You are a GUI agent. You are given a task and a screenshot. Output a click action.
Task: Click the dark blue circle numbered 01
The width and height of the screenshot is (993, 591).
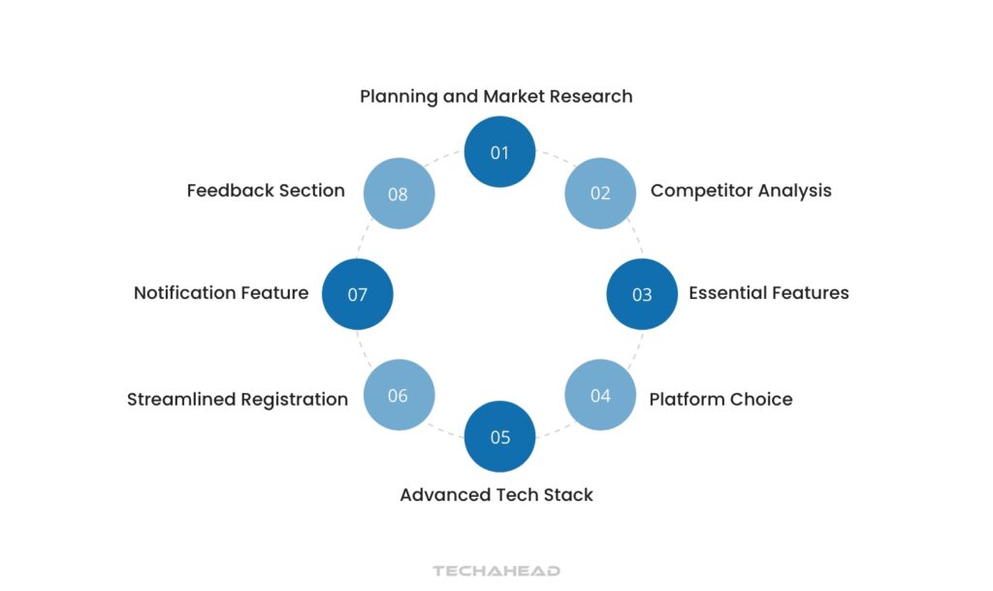pos(499,152)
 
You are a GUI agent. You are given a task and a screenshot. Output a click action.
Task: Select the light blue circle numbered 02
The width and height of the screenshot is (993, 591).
pos(600,193)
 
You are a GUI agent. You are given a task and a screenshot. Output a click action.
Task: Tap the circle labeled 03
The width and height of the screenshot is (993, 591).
pos(642,294)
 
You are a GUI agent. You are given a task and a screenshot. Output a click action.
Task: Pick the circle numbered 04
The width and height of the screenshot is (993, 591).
pos(600,395)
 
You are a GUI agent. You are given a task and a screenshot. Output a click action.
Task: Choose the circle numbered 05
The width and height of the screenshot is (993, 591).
pos(499,437)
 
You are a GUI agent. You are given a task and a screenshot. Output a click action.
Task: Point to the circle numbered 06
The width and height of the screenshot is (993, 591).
pos(399,395)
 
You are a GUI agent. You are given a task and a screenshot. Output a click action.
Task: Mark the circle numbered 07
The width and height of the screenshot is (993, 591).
pos(357,294)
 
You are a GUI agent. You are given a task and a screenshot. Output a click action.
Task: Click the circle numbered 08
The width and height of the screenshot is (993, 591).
pos(399,193)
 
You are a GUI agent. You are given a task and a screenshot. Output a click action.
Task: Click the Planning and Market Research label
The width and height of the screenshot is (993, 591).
pos(496,96)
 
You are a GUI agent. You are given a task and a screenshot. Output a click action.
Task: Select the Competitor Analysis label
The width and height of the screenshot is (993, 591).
pos(741,190)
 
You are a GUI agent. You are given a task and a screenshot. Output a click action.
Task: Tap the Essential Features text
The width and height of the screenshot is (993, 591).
pos(768,292)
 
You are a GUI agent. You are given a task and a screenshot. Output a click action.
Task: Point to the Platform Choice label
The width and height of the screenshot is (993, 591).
pos(721,399)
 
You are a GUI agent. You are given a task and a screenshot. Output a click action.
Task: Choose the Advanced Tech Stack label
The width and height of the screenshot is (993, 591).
pos(496,495)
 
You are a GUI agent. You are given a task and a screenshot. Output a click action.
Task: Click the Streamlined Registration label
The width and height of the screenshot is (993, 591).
pos(237,399)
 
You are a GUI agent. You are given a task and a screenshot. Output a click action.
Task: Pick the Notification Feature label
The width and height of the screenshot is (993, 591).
pos(221,292)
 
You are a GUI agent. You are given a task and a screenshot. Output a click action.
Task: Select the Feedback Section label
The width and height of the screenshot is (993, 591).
pos(266,190)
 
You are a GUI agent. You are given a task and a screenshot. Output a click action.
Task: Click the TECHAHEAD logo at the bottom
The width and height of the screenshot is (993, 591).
pos(496,571)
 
